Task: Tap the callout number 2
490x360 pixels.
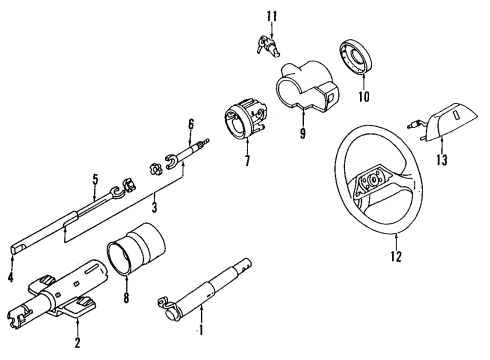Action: click(x=77, y=344)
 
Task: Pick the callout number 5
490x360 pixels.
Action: click(x=94, y=180)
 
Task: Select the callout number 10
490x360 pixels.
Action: click(x=364, y=96)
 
